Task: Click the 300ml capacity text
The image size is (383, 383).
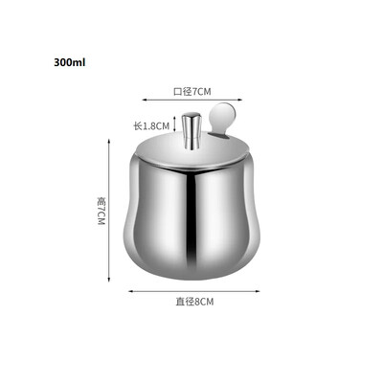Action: [x=70, y=62]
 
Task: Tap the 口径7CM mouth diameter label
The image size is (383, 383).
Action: [x=192, y=92]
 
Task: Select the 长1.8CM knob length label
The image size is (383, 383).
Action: [x=151, y=126]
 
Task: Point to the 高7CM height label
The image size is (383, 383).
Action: [x=101, y=212]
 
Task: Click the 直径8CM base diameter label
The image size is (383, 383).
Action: [x=194, y=302]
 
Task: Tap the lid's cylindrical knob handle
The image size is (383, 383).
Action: [x=191, y=130]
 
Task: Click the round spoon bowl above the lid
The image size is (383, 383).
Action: [x=222, y=115]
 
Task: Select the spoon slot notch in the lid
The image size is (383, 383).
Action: [x=220, y=137]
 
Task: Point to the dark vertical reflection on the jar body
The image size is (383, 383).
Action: [x=191, y=217]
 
